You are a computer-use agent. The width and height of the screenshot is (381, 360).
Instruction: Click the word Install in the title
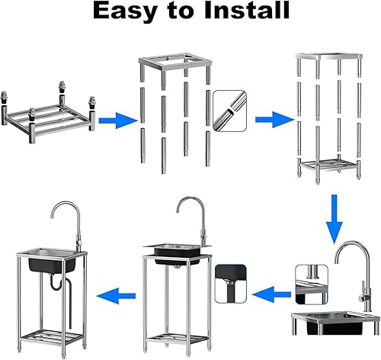tap(247, 10)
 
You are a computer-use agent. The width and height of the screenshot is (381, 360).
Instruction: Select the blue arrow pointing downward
tap(335, 219)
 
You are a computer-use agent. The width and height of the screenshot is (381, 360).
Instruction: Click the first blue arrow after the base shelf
tap(118, 121)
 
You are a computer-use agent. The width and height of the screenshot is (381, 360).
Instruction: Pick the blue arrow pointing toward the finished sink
tap(116, 296)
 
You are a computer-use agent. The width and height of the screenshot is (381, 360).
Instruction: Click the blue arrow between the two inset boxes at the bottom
tap(271, 294)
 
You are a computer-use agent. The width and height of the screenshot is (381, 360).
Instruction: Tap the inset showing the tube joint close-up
tap(229, 111)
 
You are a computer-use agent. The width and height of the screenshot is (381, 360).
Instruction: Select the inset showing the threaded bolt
tap(231, 284)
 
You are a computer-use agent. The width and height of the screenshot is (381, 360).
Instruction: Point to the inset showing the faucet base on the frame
tap(312, 284)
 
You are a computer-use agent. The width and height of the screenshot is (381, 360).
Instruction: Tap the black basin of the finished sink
tap(53, 265)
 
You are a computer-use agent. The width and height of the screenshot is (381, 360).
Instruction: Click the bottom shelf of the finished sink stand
tap(52, 337)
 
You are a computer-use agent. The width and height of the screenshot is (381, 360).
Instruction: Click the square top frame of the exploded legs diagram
tap(175, 62)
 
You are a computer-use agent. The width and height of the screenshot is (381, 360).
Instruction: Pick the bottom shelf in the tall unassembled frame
tap(329, 166)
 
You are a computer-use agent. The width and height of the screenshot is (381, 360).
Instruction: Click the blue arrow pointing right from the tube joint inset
tap(275, 120)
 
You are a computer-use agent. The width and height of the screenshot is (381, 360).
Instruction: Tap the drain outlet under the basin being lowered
tap(177, 267)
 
